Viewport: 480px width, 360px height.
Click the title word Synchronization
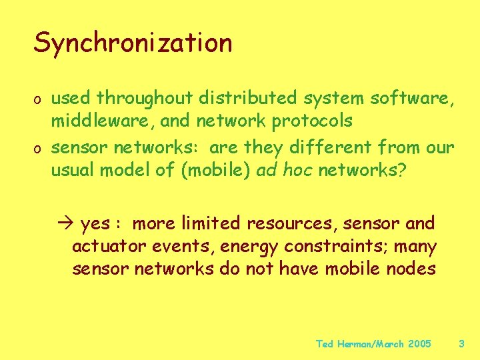pos(133,43)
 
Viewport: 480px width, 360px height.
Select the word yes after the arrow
pos(95,224)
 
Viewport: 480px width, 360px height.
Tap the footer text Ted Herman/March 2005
pos(373,344)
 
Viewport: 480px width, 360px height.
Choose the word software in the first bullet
pos(413,99)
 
